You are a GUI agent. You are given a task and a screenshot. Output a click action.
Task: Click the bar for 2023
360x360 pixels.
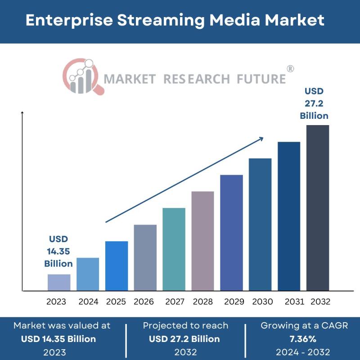click(x=59, y=282)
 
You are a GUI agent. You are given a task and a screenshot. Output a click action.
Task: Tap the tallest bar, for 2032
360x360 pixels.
click(x=318, y=207)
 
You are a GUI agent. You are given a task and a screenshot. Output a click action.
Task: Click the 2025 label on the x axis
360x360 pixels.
click(x=116, y=301)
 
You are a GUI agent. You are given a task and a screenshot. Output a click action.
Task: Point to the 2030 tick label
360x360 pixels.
click(x=262, y=301)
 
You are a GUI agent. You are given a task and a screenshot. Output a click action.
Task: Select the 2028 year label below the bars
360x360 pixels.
click(x=203, y=301)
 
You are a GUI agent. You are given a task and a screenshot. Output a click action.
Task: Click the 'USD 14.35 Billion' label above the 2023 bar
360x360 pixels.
click(x=58, y=251)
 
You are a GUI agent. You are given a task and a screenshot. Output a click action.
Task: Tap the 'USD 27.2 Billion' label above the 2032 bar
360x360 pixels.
click(x=314, y=103)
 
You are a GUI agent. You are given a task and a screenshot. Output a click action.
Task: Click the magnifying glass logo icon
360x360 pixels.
click(x=83, y=76)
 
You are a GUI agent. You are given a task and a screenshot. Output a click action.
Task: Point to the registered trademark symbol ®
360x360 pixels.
click(x=290, y=69)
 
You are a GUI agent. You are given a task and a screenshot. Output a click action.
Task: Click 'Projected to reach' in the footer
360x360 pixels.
click(x=185, y=325)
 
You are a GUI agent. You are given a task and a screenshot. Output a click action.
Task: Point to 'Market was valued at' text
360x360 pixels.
click(x=62, y=325)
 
